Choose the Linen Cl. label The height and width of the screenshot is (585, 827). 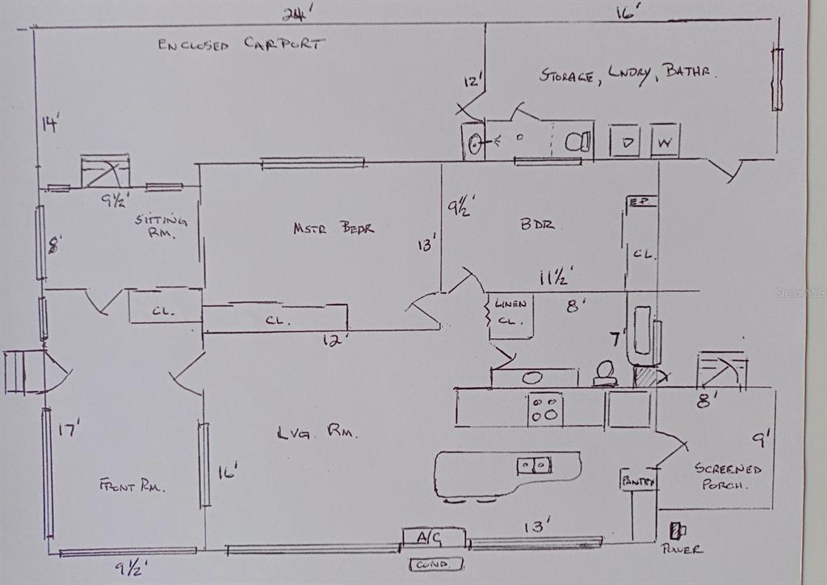click(x=510, y=312)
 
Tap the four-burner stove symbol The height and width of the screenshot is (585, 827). click(x=545, y=409)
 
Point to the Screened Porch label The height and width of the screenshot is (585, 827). click(x=728, y=477)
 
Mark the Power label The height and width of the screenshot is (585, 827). click(x=681, y=549)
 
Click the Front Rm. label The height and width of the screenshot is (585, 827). click(x=132, y=486)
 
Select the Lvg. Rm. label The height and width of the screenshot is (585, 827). click(x=317, y=433)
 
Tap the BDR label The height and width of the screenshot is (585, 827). click(x=537, y=225)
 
